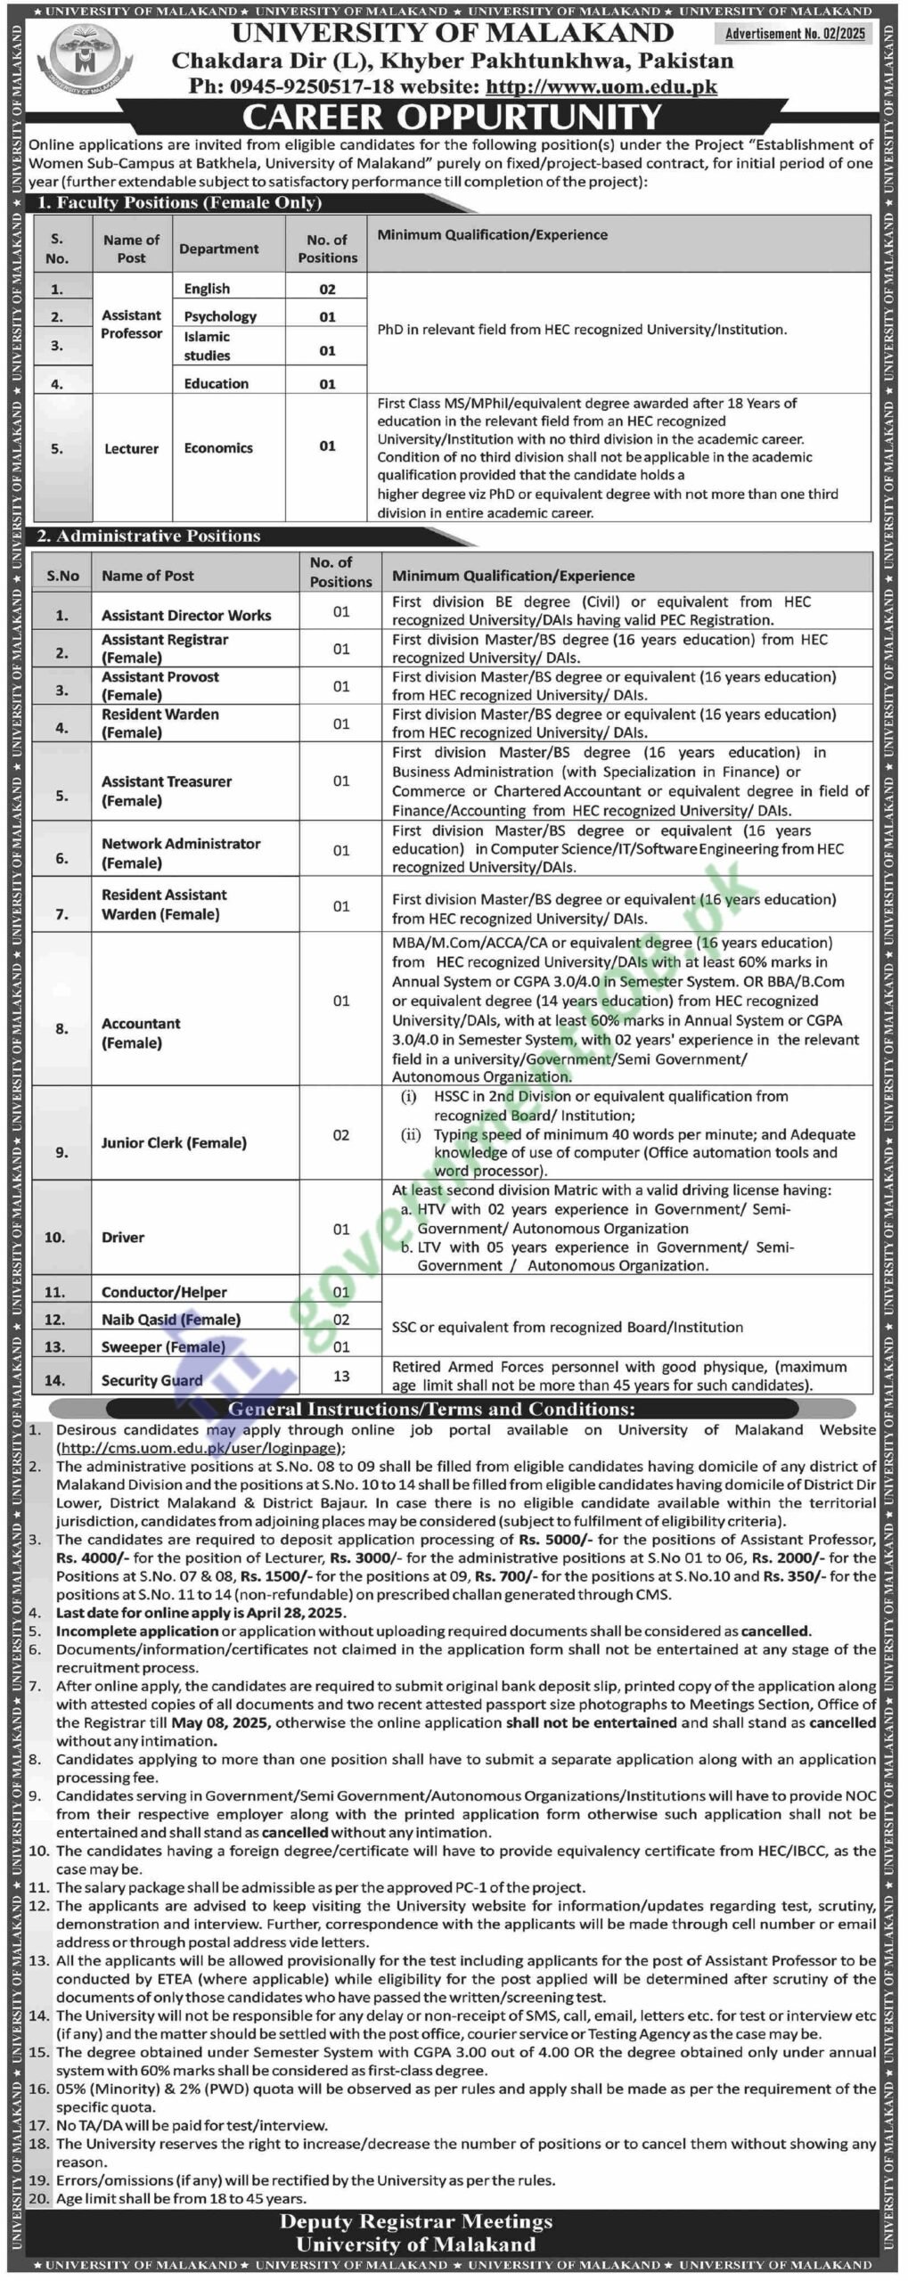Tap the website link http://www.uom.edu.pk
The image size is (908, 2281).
coord(601,86)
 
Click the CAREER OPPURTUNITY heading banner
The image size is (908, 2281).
coord(453,117)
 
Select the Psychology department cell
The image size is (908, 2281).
coord(220,316)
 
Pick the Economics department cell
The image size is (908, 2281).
coord(218,448)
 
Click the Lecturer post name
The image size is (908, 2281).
coord(131,448)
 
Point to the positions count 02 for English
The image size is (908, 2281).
coord(327,290)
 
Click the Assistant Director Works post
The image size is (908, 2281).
coord(185,615)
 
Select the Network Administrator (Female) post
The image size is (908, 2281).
coord(181,853)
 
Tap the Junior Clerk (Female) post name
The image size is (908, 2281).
coord(174,1142)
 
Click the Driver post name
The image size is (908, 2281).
coord(123,1237)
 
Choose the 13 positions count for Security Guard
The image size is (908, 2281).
coord(341,1376)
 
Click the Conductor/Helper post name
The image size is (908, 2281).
coord(164,1292)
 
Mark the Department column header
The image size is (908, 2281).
coord(219,249)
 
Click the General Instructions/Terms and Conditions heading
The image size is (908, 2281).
coord(432,1409)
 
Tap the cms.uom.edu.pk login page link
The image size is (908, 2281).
coord(199,1448)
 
